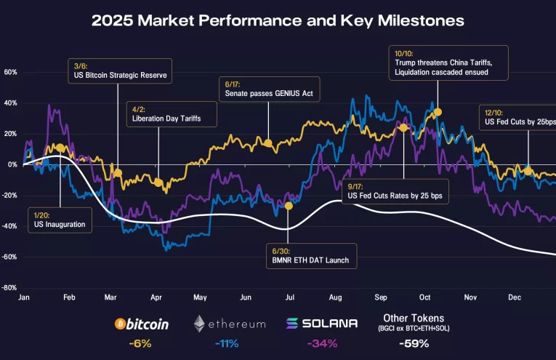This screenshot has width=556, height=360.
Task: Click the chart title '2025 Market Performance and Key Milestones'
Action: pos(278,21)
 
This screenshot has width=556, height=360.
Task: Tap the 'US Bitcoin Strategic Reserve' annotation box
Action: pos(120,71)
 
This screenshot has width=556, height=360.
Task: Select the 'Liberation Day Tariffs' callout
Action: pos(164,113)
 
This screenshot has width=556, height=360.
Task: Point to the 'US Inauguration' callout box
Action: pos(61,220)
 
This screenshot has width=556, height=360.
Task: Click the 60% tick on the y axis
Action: pos(10,72)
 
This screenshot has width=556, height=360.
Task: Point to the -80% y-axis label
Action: pos(9,288)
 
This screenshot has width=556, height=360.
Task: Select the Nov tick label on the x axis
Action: pos(470,298)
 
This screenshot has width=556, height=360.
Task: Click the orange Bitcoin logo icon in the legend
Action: pos(121,324)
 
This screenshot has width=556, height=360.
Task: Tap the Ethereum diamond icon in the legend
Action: pos(199,324)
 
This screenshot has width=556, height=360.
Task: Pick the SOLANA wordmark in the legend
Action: pos(330,324)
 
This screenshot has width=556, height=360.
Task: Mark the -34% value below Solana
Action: pos(322,343)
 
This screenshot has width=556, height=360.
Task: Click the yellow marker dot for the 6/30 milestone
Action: pos(289,206)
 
